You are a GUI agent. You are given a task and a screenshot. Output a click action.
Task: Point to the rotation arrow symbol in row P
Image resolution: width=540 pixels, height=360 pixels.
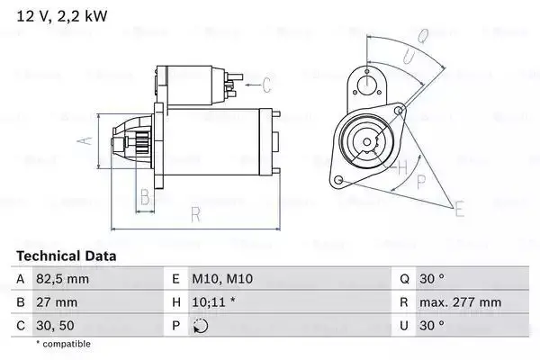(x=201, y=327)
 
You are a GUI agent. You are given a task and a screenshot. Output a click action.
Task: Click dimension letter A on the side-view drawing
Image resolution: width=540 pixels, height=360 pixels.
(x=84, y=140)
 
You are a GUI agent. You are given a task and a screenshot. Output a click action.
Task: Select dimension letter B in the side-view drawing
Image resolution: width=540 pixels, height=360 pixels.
(x=143, y=199)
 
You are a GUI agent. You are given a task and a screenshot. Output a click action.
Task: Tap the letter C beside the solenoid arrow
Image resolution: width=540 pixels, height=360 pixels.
(x=266, y=85)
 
